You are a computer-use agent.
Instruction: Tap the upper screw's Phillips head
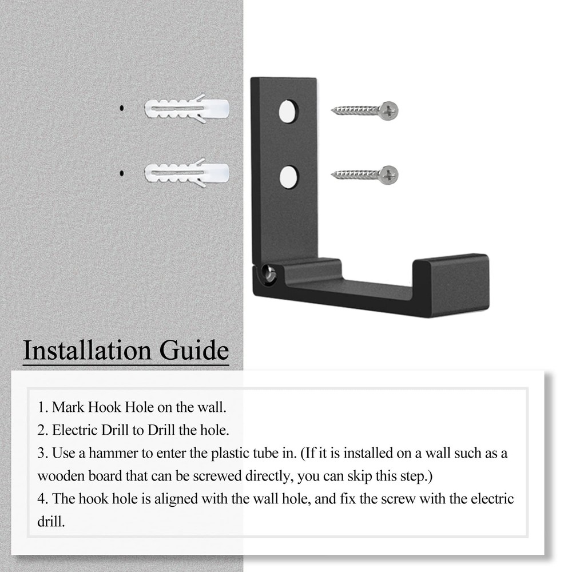(389, 110)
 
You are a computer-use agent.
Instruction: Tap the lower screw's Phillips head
(389, 174)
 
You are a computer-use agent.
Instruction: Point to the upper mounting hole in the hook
(289, 111)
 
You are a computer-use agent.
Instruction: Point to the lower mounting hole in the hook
(289, 176)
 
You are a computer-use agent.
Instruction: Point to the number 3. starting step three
(43, 453)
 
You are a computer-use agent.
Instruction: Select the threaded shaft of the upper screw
(355, 110)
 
